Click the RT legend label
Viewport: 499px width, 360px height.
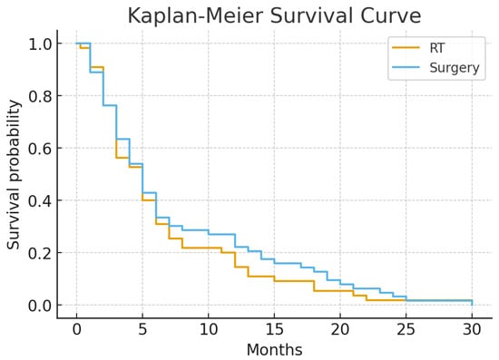coord(437,48)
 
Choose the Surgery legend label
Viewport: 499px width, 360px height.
coord(454,68)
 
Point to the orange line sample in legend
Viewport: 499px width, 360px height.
coord(405,48)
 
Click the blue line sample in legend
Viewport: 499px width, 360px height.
coord(405,68)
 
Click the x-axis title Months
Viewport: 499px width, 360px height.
coord(274,349)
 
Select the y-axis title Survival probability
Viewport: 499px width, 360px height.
coord(15,174)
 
